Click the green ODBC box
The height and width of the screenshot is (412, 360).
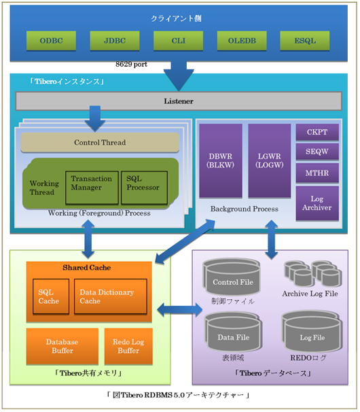coord(51,41)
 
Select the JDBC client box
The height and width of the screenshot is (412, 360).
coord(115,41)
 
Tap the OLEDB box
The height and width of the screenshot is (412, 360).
coord(242,41)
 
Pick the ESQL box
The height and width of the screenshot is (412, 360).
coord(305,41)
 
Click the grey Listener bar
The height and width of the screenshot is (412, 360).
coord(179,101)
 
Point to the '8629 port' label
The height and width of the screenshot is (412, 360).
coord(131,65)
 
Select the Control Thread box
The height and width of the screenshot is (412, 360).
coord(100,142)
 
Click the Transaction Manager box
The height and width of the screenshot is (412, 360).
coord(92,188)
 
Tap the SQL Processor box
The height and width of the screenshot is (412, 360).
coord(144,188)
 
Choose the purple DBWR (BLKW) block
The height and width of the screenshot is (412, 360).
coord(221,160)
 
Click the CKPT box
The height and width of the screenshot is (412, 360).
coord(317,132)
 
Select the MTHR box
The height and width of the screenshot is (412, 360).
coord(317,173)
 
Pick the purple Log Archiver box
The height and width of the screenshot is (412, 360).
coord(317,203)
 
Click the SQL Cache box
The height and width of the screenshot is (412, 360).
coord(51,296)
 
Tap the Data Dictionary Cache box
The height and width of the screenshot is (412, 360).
coord(111,296)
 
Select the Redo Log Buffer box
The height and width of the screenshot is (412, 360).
coord(128,346)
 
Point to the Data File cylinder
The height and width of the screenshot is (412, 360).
coord(233,332)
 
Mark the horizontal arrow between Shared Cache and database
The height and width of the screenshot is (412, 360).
coord(180,310)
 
